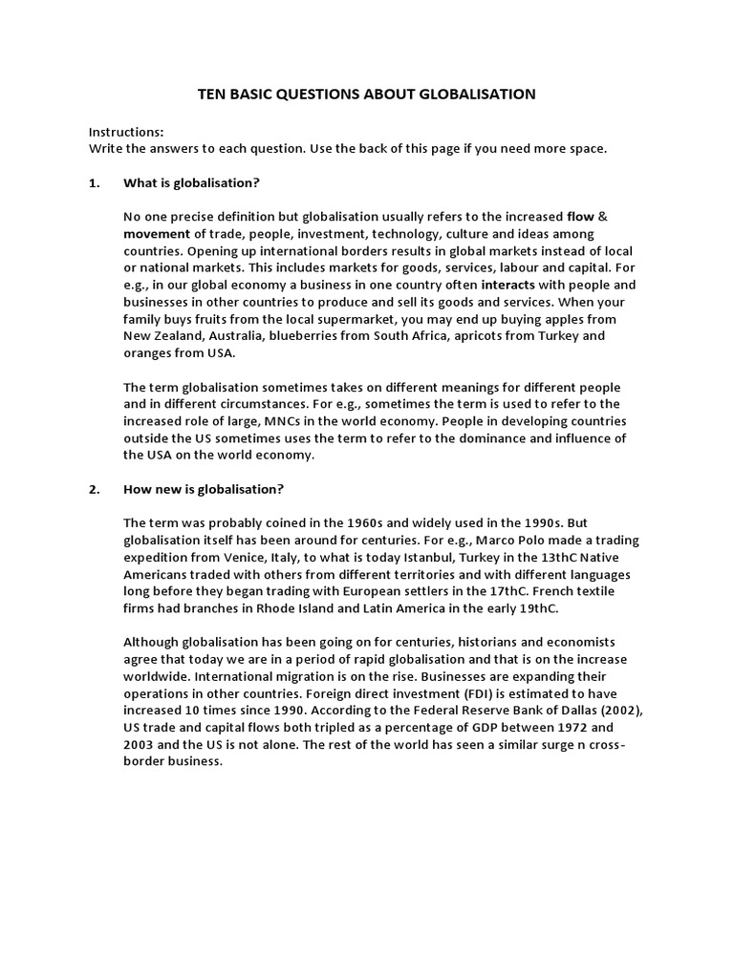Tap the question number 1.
(x=94, y=182)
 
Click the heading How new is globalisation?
(x=204, y=489)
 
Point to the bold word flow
(x=581, y=217)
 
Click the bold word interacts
(x=509, y=285)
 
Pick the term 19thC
(x=538, y=608)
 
